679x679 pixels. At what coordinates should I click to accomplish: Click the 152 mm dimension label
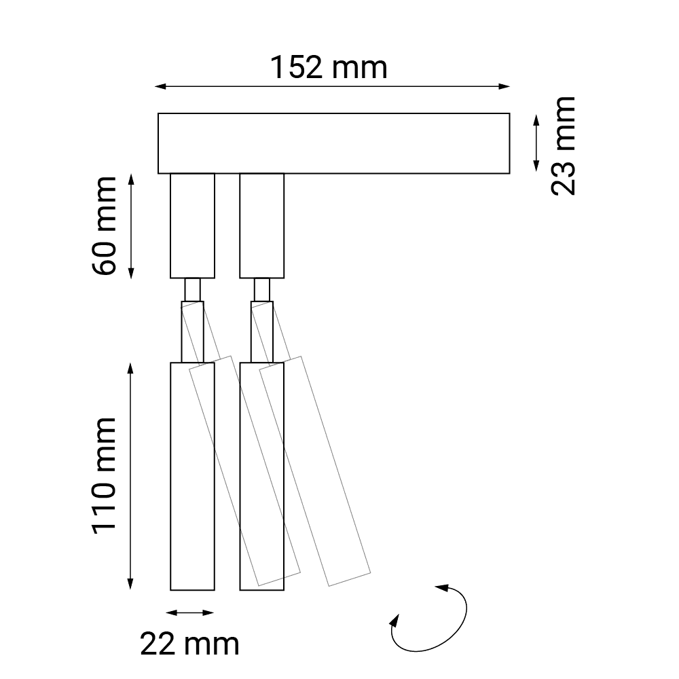329,67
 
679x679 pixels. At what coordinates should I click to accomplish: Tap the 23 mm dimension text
564,146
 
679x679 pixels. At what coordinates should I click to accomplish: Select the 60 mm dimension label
105,225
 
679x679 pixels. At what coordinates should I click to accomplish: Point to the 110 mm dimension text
105,476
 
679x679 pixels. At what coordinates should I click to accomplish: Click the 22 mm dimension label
189,644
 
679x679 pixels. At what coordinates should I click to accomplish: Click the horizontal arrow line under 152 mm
333,87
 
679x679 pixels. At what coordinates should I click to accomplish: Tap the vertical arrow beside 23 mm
536,143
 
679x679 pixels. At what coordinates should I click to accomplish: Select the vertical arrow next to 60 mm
131,226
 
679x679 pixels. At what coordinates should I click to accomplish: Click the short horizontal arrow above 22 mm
190,612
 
